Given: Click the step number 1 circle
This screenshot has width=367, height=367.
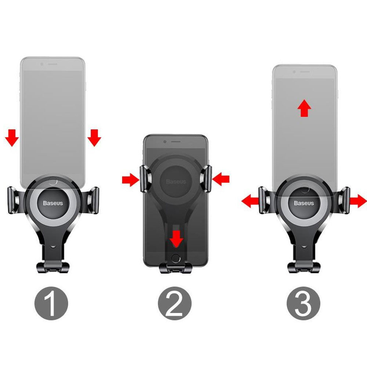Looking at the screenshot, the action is point(51,304).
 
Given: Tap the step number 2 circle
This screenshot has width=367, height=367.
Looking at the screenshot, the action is point(175,304).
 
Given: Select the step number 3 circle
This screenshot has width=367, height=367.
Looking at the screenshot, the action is point(304,304).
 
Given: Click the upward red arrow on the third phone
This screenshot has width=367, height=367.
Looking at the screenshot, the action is point(304,108).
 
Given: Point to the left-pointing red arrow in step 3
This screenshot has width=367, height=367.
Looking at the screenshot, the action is point(250,201).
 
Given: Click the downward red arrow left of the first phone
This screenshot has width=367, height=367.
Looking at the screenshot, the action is point(12,138).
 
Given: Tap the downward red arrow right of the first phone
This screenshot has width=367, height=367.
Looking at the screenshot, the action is point(94,138).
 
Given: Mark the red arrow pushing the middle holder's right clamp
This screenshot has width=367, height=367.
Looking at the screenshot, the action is point(221,179).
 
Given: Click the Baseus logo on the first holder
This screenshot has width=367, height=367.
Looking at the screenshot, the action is point(53,203).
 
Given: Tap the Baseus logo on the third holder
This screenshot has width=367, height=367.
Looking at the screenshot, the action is point(304,203).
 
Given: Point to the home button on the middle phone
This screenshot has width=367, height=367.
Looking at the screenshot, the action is point(176,259).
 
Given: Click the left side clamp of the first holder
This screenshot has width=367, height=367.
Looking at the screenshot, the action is point(14,200).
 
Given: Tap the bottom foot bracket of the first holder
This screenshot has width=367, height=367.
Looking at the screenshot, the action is point(53,267).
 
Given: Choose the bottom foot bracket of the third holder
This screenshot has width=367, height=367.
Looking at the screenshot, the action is point(304,267).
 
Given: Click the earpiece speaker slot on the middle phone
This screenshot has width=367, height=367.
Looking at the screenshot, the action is point(176,142).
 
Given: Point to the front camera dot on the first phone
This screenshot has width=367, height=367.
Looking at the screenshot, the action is point(42,64).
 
